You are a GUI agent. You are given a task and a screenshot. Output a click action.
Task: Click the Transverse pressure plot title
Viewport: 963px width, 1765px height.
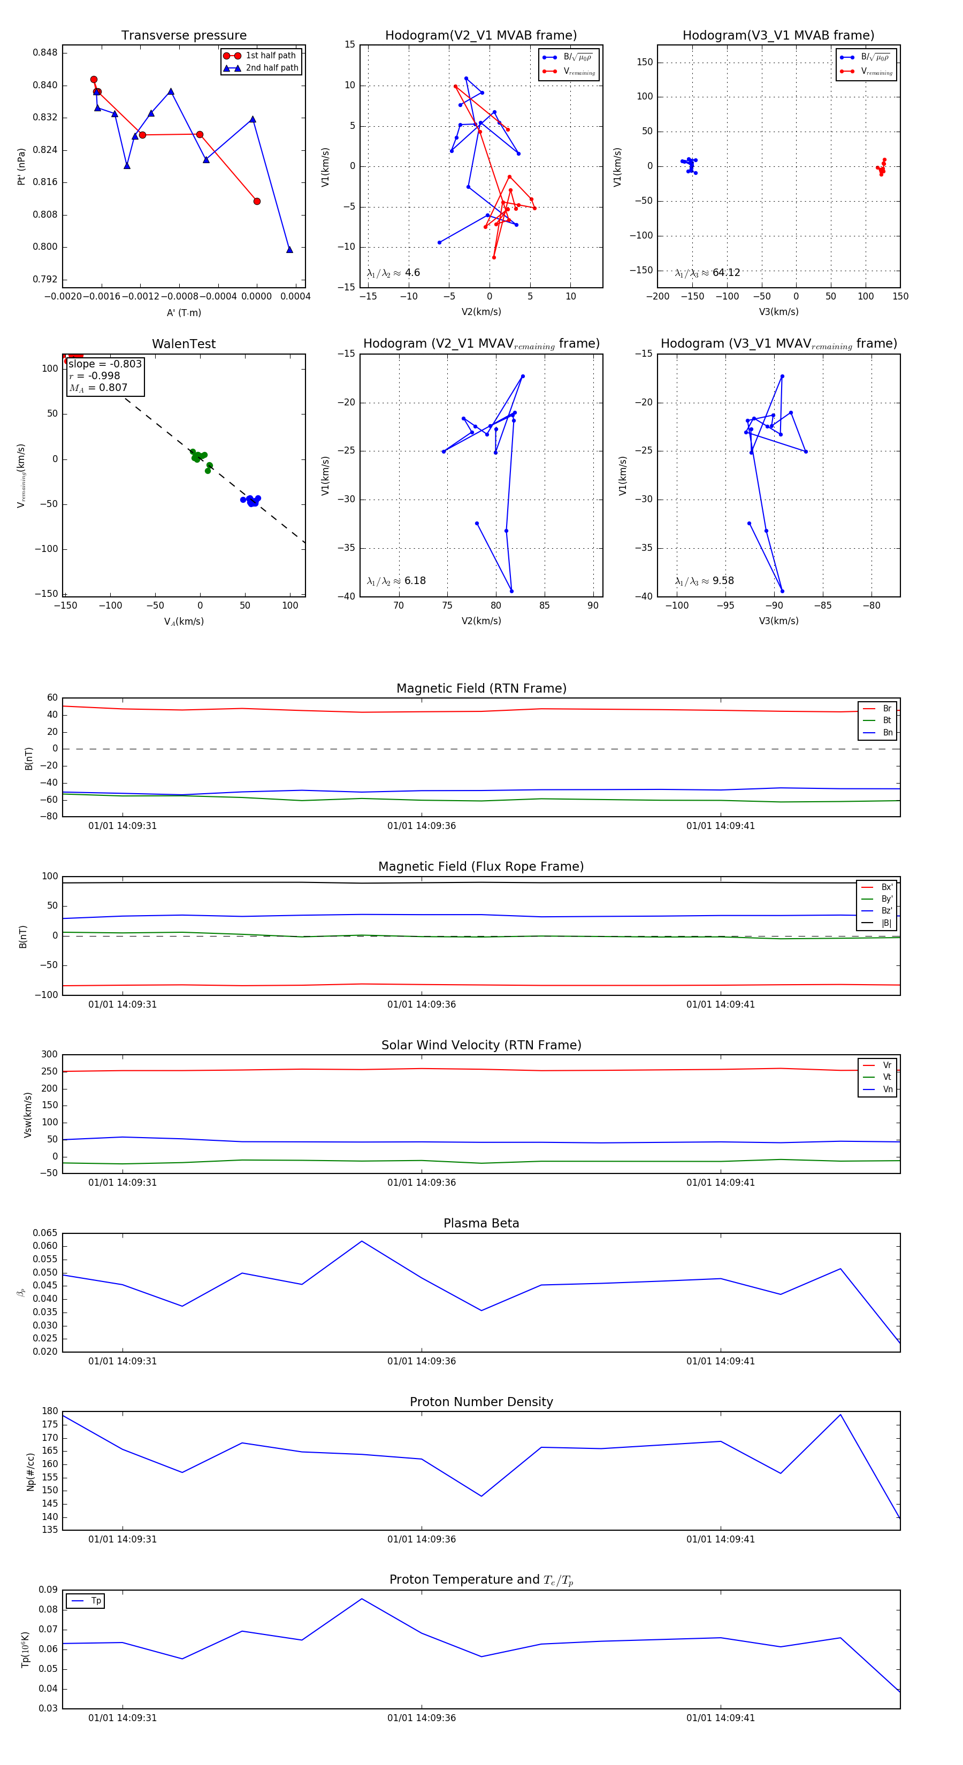pyautogui.click(x=184, y=36)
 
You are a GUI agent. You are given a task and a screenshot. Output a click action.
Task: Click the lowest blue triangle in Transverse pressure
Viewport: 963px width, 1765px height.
pyautogui.click(x=289, y=249)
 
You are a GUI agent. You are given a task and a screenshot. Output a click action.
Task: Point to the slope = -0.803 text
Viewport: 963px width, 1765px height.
pyautogui.click(x=105, y=364)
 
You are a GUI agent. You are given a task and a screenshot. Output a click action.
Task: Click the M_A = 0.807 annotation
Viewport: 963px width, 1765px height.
pyautogui.click(x=98, y=388)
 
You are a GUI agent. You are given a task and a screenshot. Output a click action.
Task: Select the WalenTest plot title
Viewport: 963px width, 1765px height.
pyautogui.click(x=184, y=344)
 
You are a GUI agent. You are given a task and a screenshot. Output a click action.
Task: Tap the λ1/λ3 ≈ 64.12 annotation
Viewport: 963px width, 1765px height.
pyautogui.click(x=707, y=273)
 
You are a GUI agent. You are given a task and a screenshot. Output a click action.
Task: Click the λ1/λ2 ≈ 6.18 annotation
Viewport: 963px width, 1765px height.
pyautogui.click(x=396, y=581)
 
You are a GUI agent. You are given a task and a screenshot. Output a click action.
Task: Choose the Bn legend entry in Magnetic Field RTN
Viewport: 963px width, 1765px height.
pyautogui.click(x=887, y=732)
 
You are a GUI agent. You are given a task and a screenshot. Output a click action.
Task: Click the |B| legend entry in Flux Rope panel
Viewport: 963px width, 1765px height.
pyautogui.click(x=885, y=923)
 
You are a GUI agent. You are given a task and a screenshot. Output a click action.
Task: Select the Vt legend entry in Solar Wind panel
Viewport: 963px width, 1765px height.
pyautogui.click(x=887, y=1077)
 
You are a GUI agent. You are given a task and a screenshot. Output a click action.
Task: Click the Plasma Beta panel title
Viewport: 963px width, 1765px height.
pyautogui.click(x=481, y=1224)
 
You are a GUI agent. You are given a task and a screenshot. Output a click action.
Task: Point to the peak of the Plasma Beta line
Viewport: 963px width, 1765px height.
pyautogui.click(x=362, y=1241)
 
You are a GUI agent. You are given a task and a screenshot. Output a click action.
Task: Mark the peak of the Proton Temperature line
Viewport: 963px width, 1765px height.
pyautogui.click(x=362, y=1599)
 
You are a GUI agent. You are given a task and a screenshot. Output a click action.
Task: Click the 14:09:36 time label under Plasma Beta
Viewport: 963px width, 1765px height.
pyautogui.click(x=422, y=1361)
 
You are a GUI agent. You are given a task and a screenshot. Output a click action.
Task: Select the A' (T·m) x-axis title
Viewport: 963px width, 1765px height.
pyautogui.click(x=184, y=313)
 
